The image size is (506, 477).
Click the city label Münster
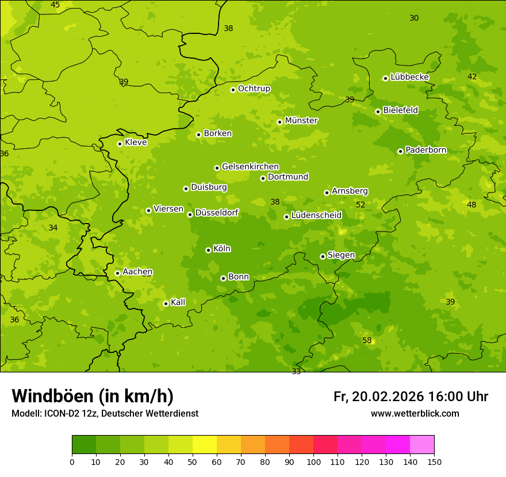pos(301,121)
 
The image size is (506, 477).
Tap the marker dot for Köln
pos(208,250)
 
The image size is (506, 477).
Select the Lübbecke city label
pos(409,77)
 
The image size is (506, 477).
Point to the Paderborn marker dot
pos(400,151)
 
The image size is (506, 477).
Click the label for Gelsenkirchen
pos(250,167)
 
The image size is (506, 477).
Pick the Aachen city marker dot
pos(117,273)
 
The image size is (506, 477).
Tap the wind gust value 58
pos(367,340)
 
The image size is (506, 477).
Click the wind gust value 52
pos(361,205)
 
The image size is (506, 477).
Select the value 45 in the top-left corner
pos(55,5)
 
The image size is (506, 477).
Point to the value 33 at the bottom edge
pos(296,371)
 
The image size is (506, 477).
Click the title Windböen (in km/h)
pos(93,396)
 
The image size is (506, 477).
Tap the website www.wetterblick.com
pos(415,413)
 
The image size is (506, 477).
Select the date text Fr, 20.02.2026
pos(378,397)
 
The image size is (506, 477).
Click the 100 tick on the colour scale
pos(313,461)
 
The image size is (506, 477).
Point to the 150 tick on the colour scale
pos(434,461)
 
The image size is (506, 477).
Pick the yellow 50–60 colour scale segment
pos(205,445)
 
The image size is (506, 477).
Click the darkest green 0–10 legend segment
pos(84,445)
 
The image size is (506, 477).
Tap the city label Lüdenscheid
pos(316,216)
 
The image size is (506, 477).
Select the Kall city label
pos(178,302)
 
